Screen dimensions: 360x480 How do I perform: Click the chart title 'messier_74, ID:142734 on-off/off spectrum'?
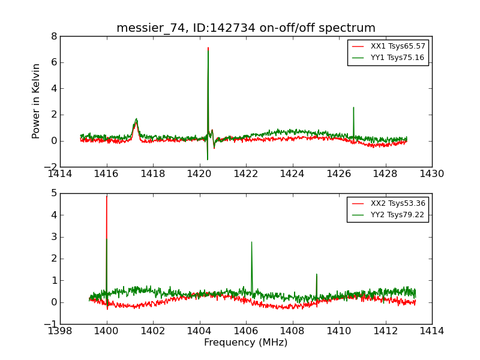[246, 28]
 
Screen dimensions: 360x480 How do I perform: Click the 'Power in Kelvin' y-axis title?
[37, 101]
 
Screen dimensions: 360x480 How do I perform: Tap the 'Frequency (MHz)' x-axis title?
[246, 343]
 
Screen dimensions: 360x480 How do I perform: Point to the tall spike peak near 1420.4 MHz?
[208, 48]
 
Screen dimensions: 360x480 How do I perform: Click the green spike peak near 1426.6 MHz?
[353, 107]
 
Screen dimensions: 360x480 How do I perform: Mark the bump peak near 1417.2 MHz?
[136, 119]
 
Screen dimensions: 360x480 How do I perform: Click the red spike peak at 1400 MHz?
[107, 196]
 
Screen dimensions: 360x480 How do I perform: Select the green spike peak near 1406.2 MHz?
[251, 242]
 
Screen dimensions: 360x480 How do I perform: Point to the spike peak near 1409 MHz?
[316, 274]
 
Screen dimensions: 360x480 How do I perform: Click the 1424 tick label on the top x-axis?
[292, 175]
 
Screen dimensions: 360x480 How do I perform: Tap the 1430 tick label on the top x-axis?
[431, 175]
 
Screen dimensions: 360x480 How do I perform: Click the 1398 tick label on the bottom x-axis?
[60, 331]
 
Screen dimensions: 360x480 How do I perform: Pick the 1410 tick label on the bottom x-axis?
[338, 331]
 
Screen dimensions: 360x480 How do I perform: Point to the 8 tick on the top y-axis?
[54, 36]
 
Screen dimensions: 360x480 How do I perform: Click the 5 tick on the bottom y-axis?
[54, 193]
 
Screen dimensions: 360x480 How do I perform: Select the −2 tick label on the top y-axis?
[50, 167]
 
